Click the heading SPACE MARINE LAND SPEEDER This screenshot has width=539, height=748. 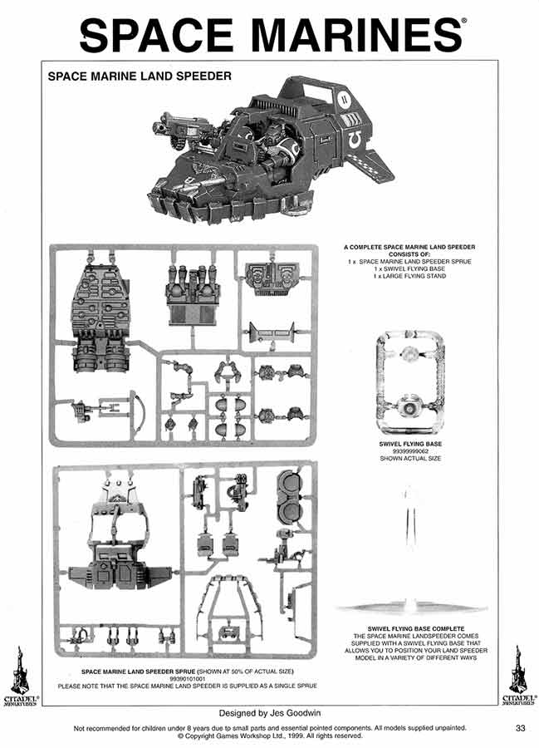tap(140, 76)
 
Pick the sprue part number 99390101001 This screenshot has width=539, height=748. tap(187, 678)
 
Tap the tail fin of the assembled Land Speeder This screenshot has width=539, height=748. tap(378, 161)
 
